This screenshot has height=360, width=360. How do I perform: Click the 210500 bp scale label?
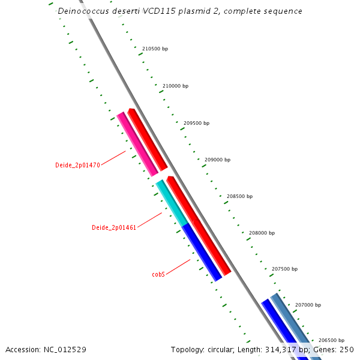[x=155, y=49]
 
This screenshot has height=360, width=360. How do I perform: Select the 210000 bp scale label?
[x=175, y=86]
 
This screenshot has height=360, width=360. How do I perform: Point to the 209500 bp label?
[x=196, y=123]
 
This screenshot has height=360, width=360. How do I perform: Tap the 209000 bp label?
[x=217, y=160]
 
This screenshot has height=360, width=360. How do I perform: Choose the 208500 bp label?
[x=239, y=196]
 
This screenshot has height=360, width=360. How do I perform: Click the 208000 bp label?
[x=262, y=233]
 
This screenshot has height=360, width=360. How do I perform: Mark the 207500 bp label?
[x=284, y=269]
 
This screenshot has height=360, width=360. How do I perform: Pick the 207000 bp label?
[x=308, y=305]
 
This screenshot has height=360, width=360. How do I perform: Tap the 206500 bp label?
[x=331, y=340]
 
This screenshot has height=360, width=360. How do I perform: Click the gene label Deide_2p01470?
[x=77, y=165]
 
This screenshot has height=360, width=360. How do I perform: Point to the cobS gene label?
[x=158, y=274]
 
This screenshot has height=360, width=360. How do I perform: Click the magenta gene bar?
[x=137, y=144]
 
